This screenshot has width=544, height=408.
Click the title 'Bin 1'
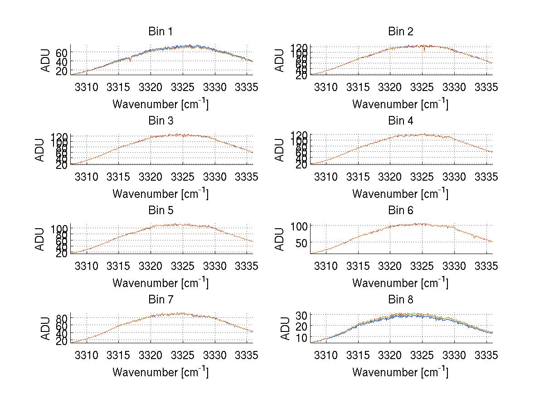(160, 32)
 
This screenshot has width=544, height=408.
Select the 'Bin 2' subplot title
(400, 32)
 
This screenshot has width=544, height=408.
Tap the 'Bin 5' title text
(160, 211)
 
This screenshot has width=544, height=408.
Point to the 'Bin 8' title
(400, 300)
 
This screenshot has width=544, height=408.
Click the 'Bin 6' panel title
(400, 211)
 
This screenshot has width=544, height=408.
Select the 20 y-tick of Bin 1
(62, 71)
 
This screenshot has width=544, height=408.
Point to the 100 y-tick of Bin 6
(299, 226)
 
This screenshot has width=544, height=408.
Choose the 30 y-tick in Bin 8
(302, 315)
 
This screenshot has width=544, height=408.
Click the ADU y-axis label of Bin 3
(40, 149)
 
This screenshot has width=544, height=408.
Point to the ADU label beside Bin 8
(280, 328)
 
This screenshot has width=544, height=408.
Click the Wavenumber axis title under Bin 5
(160, 283)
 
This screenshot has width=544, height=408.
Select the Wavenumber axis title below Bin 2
(400, 104)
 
